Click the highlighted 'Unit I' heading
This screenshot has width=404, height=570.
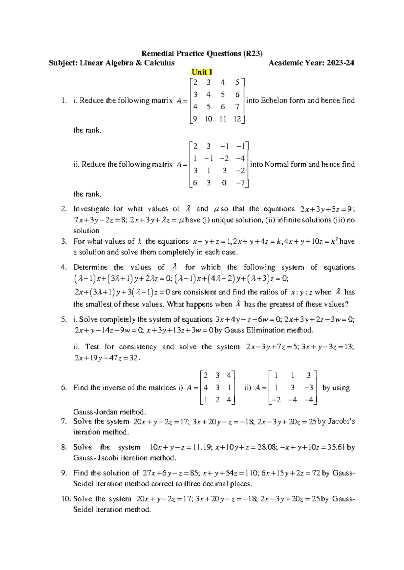(x=202, y=72)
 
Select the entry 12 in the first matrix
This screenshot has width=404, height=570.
(x=237, y=119)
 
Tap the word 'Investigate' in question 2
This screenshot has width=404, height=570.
(x=90, y=209)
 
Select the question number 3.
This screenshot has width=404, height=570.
(x=64, y=241)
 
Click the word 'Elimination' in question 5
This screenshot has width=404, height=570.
(x=265, y=330)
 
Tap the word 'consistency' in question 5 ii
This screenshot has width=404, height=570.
(x=138, y=347)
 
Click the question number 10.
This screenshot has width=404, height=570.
(x=65, y=499)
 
